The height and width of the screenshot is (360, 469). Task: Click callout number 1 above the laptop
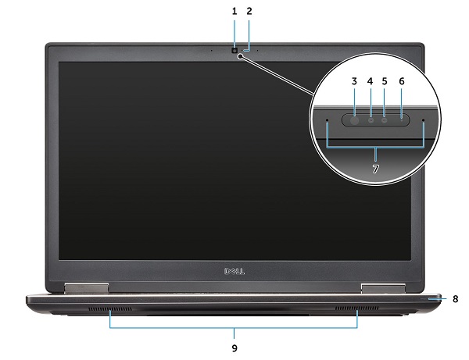coord(234,12)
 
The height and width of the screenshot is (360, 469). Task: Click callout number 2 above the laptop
coord(249,12)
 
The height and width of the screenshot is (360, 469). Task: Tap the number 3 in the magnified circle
coord(353,80)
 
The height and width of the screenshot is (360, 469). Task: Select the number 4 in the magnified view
coord(370,80)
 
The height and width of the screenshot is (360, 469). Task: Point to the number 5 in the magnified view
coord(385,80)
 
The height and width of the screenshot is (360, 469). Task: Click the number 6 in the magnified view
coord(402,80)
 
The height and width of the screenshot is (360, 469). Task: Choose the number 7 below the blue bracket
coord(376,169)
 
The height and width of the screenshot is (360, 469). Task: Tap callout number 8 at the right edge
coord(455,298)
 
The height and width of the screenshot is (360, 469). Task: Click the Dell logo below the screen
coord(234,273)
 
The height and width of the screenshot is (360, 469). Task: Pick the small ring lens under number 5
coord(385,120)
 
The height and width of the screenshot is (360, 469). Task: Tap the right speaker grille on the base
coord(348,312)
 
